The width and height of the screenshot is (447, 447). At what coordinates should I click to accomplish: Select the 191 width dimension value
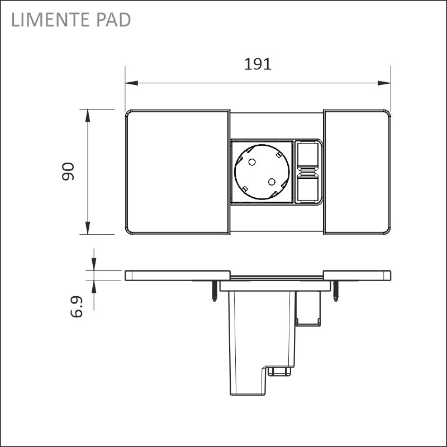[258, 64]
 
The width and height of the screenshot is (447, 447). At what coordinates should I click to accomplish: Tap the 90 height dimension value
[68, 172]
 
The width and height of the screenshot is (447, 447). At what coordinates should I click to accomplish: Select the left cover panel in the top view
[177, 172]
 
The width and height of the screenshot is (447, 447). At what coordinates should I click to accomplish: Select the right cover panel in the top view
[356, 172]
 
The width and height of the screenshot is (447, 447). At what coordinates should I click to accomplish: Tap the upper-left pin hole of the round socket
[251, 163]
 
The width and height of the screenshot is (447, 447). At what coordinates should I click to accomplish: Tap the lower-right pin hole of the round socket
[272, 182]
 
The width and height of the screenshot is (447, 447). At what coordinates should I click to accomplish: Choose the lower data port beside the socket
[307, 188]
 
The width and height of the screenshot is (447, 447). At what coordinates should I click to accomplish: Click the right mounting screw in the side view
[336, 291]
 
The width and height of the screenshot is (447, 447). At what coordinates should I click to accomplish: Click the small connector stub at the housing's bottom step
[280, 371]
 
